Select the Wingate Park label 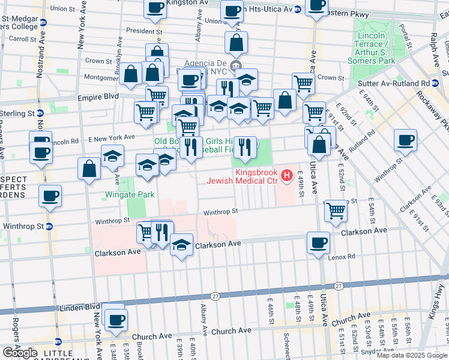click(130, 194)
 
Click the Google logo click(20, 352)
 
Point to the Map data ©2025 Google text click(412, 355)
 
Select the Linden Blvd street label click(78, 307)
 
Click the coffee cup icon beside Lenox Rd click(318, 243)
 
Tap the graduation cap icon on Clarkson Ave click(181, 245)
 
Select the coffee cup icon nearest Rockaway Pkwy click(406, 140)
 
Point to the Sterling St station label click(18, 113)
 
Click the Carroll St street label click(23, 39)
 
